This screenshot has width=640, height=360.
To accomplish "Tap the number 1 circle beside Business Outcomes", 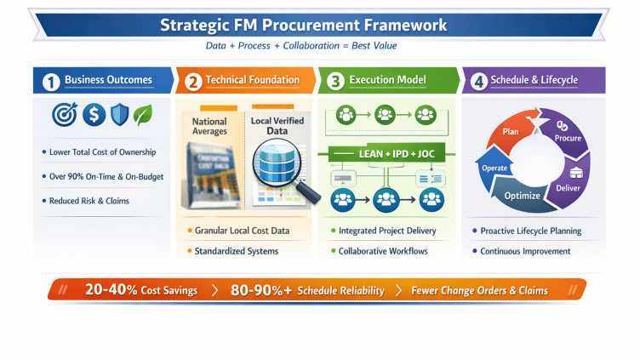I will pyautogui.click(x=51, y=82).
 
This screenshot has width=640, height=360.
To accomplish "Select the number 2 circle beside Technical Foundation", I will pyautogui.click(x=193, y=82).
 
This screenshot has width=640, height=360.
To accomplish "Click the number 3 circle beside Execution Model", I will pyautogui.click(x=336, y=82).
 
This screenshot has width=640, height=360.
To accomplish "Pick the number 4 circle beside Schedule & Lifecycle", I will pyautogui.click(x=479, y=82).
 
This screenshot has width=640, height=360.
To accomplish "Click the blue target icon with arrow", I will pyautogui.click(x=64, y=115).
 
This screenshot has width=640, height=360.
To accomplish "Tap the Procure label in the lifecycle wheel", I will pyautogui.click(x=568, y=138).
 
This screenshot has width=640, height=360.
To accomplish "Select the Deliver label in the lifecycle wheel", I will pyautogui.click(x=568, y=188).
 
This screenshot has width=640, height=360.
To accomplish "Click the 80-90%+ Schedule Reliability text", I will pyautogui.click(x=308, y=290).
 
